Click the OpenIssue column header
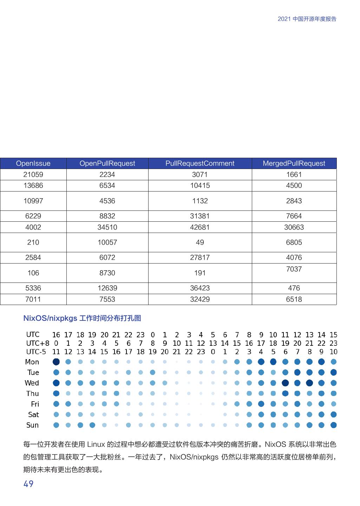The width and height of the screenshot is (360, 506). tap(33, 163)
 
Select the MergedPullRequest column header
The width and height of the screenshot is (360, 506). tap(294, 163)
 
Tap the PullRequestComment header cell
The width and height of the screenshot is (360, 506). tap(200, 163)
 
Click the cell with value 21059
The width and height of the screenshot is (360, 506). tap(33, 175)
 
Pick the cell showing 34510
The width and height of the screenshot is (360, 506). tap(107, 227)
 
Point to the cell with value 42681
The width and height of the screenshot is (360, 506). tap(200, 227)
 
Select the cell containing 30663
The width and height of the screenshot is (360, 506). tap(294, 227)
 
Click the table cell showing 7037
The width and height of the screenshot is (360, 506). tap(294, 269)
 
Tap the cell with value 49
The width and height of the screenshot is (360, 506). tap(200, 242)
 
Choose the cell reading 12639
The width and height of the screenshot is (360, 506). tap(107, 288)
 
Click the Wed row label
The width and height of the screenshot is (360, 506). tap(32, 383)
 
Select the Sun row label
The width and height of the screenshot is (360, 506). tap(32, 425)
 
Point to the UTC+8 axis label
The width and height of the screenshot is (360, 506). tap(38, 343)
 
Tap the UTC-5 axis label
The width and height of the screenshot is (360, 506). tap(36, 352)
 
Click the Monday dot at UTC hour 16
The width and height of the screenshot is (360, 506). tap(56, 362)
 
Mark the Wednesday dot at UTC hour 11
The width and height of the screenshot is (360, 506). tap(285, 383)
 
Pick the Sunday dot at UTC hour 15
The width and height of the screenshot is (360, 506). tap(334, 425)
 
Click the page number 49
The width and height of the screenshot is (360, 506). tap(28, 484)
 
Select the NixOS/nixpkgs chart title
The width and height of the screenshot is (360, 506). tap(82, 318)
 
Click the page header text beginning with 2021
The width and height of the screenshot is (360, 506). tap(307, 19)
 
